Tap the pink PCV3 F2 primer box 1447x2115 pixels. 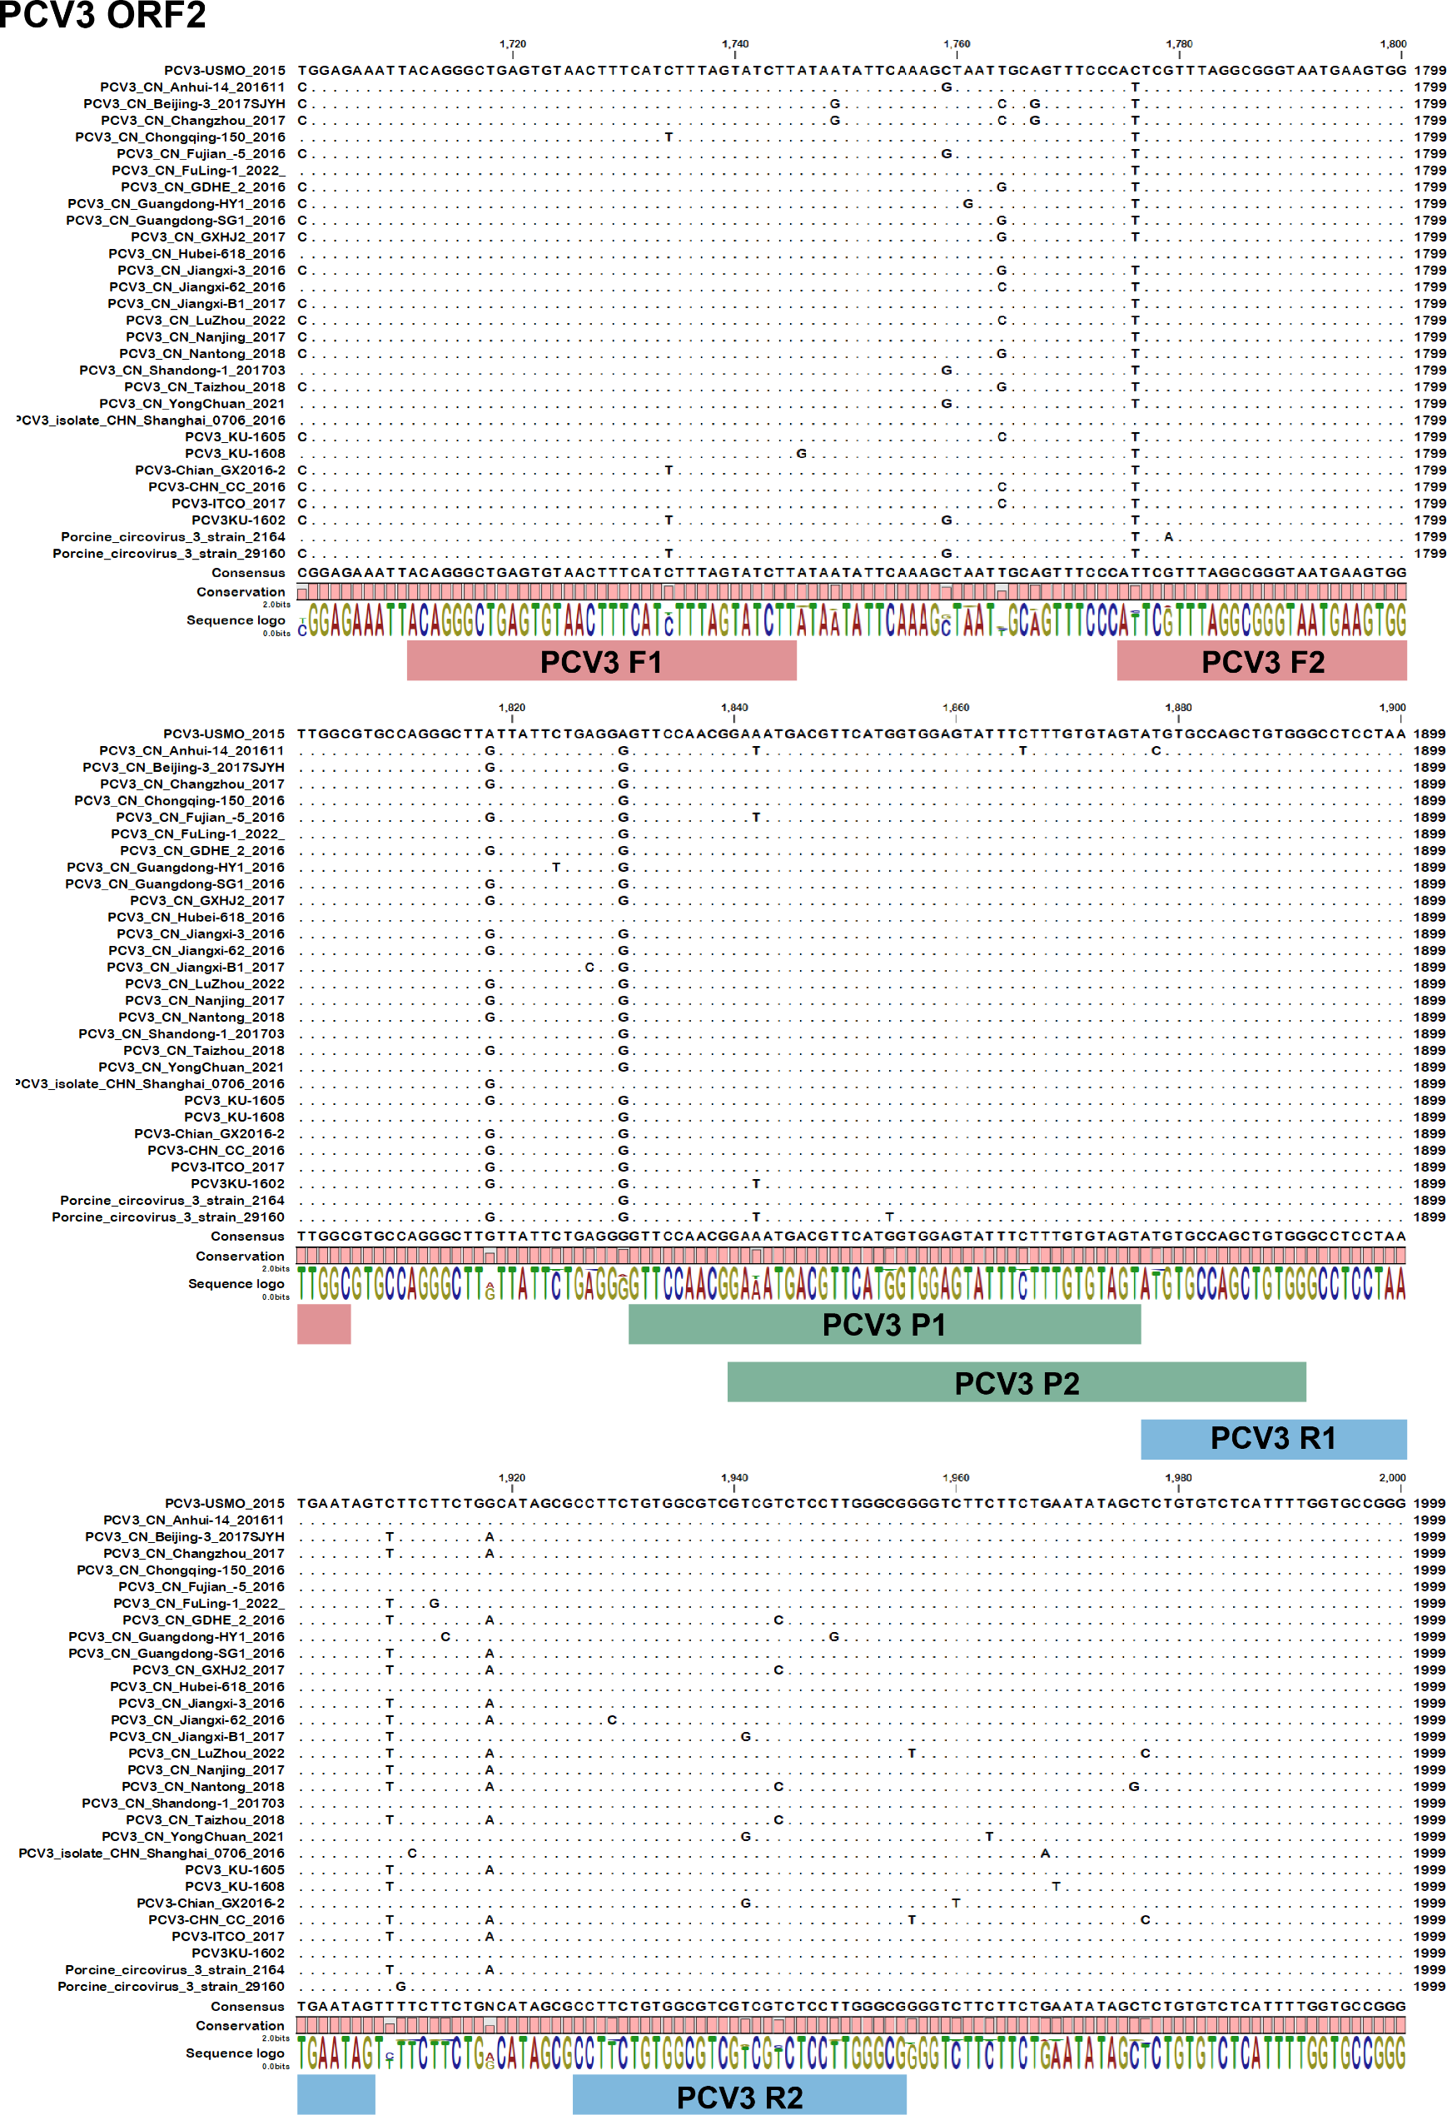coord(1261,660)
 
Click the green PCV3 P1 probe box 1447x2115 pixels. coord(883,1324)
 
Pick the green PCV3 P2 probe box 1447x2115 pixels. coord(1017,1382)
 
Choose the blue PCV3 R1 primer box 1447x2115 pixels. coord(1272,1438)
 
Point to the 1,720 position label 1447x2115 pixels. coord(512,43)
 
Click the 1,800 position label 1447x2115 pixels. coord(1392,43)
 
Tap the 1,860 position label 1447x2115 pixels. coord(956,707)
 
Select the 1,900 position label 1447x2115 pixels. coord(1391,707)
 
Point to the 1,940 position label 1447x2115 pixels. coord(734,1477)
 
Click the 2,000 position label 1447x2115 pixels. coord(1391,1477)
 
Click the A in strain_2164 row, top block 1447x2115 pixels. coord(1169,537)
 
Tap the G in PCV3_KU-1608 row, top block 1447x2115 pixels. coord(801,453)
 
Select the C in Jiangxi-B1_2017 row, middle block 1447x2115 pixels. coord(589,968)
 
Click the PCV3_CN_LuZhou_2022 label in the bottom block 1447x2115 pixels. coord(206,1753)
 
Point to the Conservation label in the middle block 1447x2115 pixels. coord(239,1256)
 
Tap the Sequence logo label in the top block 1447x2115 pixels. coord(236,620)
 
